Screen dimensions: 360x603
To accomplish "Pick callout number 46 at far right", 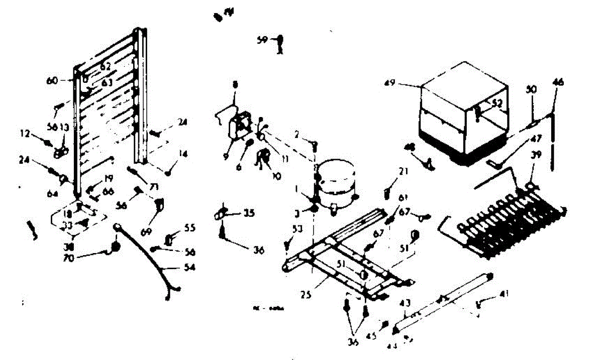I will pyautogui.click(x=557, y=82).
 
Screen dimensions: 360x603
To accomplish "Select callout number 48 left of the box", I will pyautogui.click(x=411, y=147).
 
